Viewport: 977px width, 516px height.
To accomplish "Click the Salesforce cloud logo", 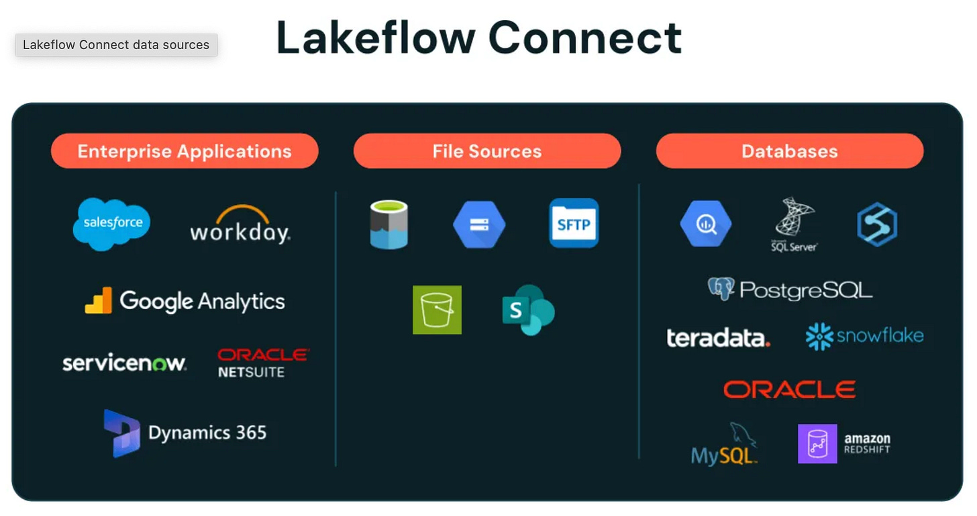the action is pyautogui.click(x=111, y=224).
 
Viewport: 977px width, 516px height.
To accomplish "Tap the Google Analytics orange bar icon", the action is pyautogui.click(x=99, y=301).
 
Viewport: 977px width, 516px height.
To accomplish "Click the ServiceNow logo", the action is pyautogui.click(x=124, y=363).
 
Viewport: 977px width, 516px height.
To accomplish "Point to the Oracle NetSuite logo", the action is pyautogui.click(x=263, y=363).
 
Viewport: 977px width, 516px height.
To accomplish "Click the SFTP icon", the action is pyautogui.click(x=574, y=223).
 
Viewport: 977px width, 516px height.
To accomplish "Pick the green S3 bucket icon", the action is pyautogui.click(x=437, y=310).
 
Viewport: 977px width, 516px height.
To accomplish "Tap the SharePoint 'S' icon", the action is pyautogui.click(x=528, y=310).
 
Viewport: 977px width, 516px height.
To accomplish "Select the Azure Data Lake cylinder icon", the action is pyautogui.click(x=389, y=224).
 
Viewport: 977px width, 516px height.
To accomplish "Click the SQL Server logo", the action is pyautogui.click(x=793, y=224).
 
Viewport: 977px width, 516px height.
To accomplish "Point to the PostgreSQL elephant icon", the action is pyautogui.click(x=721, y=289).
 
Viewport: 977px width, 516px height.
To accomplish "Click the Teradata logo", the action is pyautogui.click(x=718, y=337).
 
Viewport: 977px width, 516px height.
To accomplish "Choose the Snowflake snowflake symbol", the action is pyautogui.click(x=819, y=337).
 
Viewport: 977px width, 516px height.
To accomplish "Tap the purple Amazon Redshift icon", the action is pyautogui.click(x=817, y=443).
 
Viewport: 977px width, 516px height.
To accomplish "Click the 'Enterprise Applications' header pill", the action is pyautogui.click(x=185, y=151).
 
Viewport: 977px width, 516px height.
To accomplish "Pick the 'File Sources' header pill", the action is pyautogui.click(x=487, y=151).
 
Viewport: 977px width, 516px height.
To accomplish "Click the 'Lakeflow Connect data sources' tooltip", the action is pyautogui.click(x=116, y=45).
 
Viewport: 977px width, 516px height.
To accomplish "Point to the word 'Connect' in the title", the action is pyautogui.click(x=585, y=38).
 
